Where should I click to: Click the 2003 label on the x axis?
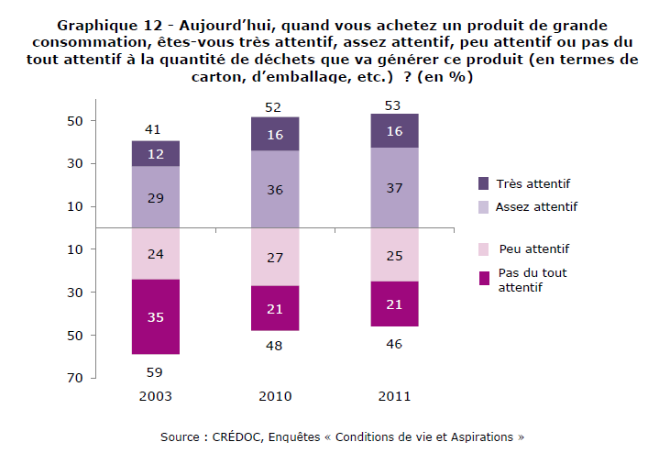coord(155,396)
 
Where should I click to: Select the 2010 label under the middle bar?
coord(274,396)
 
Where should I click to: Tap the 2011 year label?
coord(393,396)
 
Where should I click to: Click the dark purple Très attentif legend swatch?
coord(483,183)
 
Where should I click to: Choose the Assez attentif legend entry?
coord(536,207)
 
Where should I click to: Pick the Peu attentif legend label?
coord(534,249)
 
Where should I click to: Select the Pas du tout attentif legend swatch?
coord(483,278)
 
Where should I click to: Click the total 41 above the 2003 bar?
coord(155,129)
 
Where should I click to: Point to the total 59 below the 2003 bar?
coord(155,371)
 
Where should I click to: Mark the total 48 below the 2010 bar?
coord(274,346)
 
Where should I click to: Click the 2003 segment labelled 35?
coord(155,316)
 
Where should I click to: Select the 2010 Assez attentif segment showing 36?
coord(274,189)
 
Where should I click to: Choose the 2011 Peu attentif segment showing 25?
coord(393,254)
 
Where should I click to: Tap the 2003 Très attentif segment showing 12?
coord(155,153)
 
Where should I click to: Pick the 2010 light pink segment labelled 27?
coord(274,257)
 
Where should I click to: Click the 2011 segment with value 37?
coord(393,188)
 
